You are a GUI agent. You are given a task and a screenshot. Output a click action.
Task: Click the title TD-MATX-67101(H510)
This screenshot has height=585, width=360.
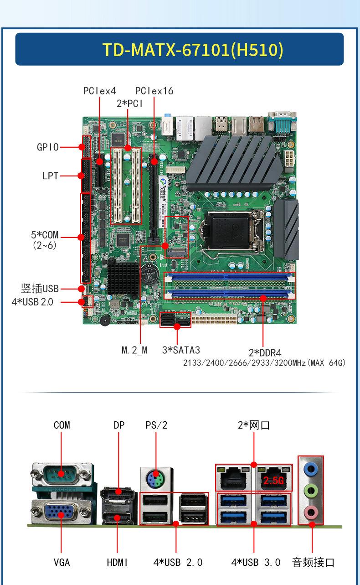coord(192,50)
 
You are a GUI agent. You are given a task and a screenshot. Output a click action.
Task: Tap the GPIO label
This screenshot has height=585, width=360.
coord(47,147)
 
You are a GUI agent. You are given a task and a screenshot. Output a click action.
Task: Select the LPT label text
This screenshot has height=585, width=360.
coord(50,176)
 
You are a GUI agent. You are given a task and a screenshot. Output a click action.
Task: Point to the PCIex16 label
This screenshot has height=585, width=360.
coord(154,91)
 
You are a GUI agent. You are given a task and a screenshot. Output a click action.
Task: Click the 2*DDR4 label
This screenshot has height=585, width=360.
coord(265,352)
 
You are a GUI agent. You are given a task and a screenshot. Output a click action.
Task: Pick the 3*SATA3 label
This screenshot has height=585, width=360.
coord(181,350)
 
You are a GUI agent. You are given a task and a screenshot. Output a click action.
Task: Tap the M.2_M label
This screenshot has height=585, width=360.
coord(134,350)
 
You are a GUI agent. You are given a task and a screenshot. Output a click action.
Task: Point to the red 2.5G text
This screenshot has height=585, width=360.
coord(273,481)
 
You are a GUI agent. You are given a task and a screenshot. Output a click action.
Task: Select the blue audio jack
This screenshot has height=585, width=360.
coord(310,469)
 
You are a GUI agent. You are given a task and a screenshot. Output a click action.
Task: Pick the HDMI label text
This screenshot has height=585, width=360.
coord(117,563)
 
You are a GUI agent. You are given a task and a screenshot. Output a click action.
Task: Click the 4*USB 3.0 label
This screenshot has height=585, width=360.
coord(256,563)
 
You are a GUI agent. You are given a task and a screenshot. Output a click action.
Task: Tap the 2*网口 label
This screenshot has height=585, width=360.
coord(253,425)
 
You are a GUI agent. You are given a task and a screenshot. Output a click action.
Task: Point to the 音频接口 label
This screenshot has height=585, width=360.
coord(313,563)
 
